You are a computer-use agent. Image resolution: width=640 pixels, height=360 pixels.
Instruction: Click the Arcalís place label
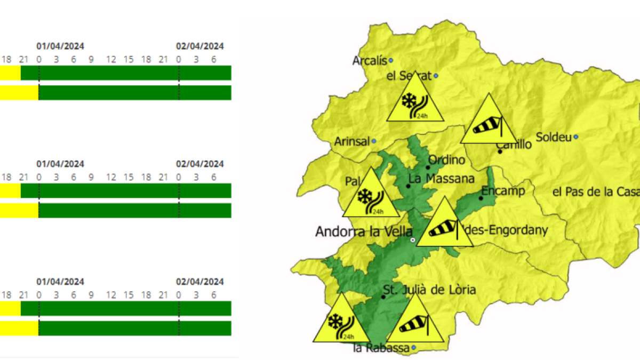(x=369, y=61)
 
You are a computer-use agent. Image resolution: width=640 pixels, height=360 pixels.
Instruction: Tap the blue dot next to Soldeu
(x=576, y=137)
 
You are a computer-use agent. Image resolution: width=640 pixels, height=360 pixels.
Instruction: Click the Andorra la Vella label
(x=364, y=232)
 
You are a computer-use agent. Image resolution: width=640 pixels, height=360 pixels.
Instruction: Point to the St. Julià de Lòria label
(x=429, y=290)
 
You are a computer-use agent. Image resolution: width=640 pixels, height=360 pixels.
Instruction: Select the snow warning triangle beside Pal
(x=370, y=197)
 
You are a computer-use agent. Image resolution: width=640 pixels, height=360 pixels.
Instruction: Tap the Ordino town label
(x=446, y=160)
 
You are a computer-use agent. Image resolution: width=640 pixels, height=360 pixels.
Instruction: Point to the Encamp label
(x=503, y=191)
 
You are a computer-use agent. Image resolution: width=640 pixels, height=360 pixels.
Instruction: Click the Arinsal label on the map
(x=351, y=141)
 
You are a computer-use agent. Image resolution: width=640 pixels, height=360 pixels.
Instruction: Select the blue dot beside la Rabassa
(x=413, y=348)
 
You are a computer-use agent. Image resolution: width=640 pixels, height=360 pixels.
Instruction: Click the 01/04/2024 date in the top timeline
(x=60, y=46)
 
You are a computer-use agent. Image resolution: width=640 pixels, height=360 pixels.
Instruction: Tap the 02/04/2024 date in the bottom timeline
(x=200, y=282)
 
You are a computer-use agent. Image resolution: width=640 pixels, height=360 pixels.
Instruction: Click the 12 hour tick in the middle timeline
(x=111, y=177)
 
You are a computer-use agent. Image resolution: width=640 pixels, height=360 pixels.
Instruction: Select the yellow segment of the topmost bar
(x=10, y=73)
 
